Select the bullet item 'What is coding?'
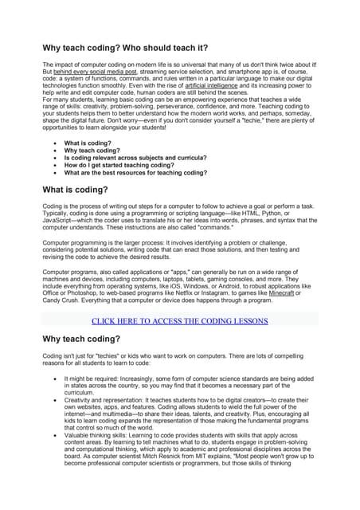tap(90, 143)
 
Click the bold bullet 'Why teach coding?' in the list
tap(93, 150)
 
